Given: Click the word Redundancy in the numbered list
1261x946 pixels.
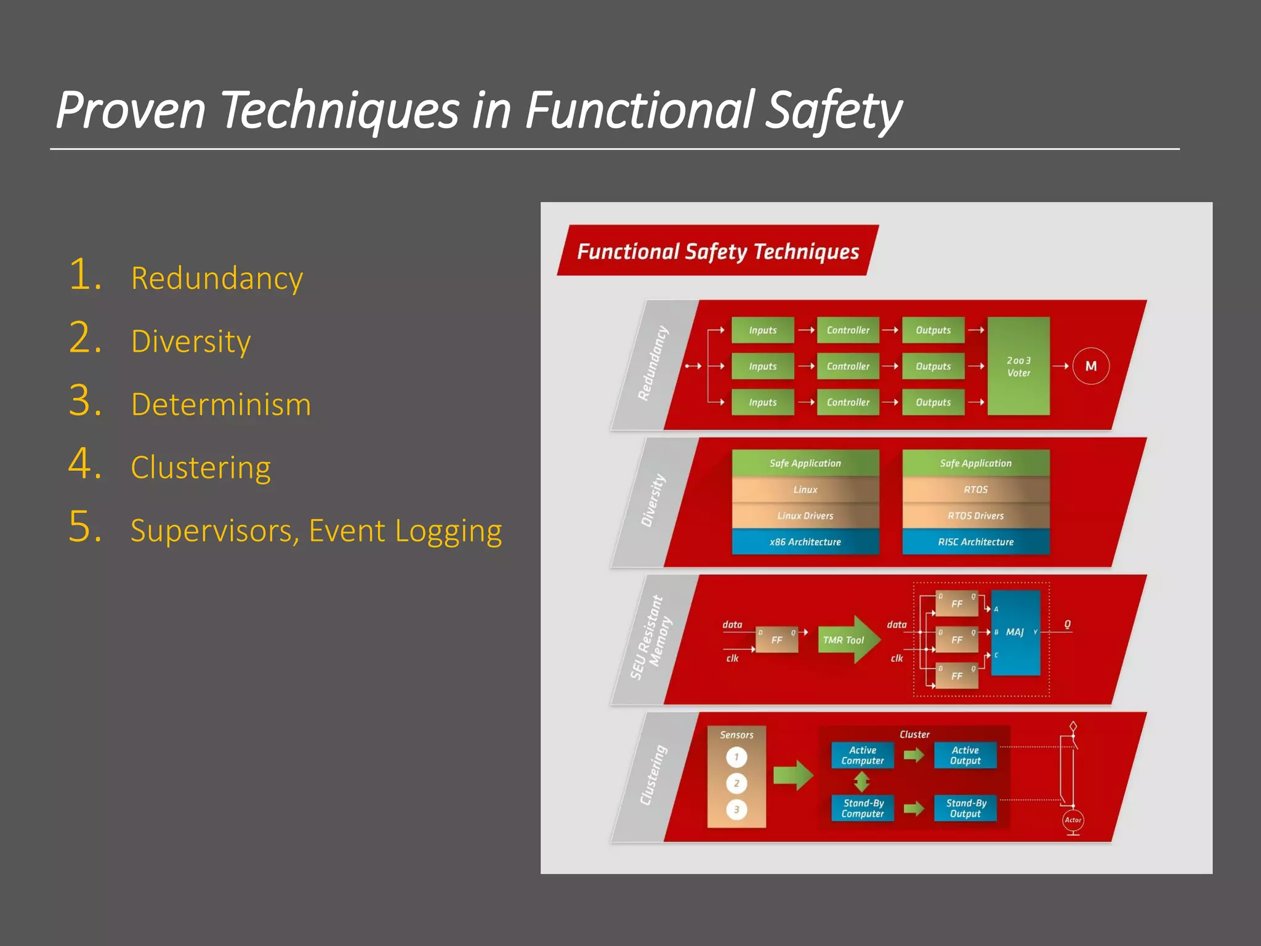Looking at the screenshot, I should click(217, 278).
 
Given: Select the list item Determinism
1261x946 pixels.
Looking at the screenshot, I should click(220, 405).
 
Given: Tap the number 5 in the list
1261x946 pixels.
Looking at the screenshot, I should click(84, 527).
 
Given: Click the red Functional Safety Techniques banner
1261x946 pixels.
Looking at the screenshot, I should click(717, 251).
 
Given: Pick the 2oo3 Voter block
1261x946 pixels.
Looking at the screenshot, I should click(1018, 366).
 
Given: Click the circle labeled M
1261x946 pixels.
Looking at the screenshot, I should click(1090, 366).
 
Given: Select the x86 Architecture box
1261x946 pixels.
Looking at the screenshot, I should click(805, 542).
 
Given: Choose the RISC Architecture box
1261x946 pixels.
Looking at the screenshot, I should click(975, 542).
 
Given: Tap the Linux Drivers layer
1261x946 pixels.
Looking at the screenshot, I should click(805, 515).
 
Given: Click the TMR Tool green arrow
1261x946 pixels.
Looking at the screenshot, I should click(847, 640).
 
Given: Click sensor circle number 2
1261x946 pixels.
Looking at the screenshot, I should click(736, 783).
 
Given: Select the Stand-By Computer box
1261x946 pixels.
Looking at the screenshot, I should click(862, 808).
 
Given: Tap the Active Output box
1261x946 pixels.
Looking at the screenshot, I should click(965, 755).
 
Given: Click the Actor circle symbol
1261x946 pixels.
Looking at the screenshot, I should click(1073, 820).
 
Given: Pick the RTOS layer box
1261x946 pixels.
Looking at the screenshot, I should click(975, 490).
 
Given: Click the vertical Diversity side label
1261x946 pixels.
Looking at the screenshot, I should click(653, 500).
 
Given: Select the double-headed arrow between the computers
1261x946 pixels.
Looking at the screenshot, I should click(861, 782).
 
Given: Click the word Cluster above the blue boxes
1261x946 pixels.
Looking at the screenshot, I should click(914, 734).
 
